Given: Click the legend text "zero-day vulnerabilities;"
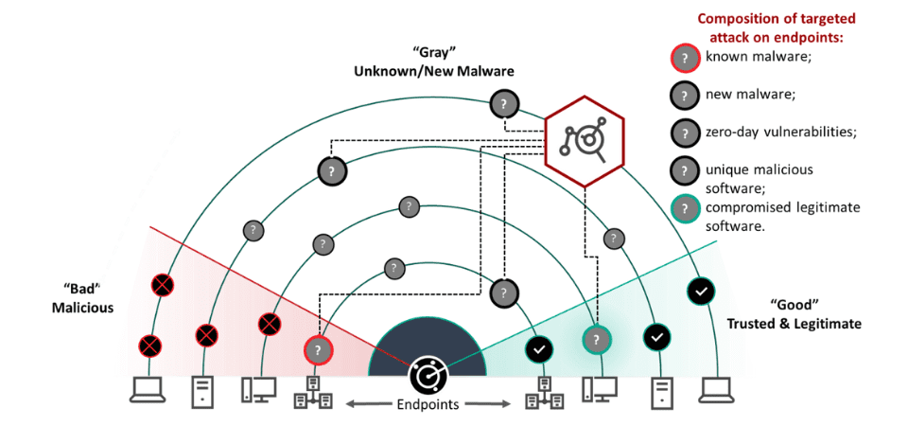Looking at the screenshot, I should click(x=780, y=132).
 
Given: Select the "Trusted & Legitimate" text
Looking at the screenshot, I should click(x=794, y=324).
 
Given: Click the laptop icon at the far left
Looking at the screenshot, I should click(x=146, y=390).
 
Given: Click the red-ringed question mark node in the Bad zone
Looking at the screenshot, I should click(x=318, y=350).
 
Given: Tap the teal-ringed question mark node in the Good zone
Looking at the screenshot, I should click(x=596, y=338).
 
